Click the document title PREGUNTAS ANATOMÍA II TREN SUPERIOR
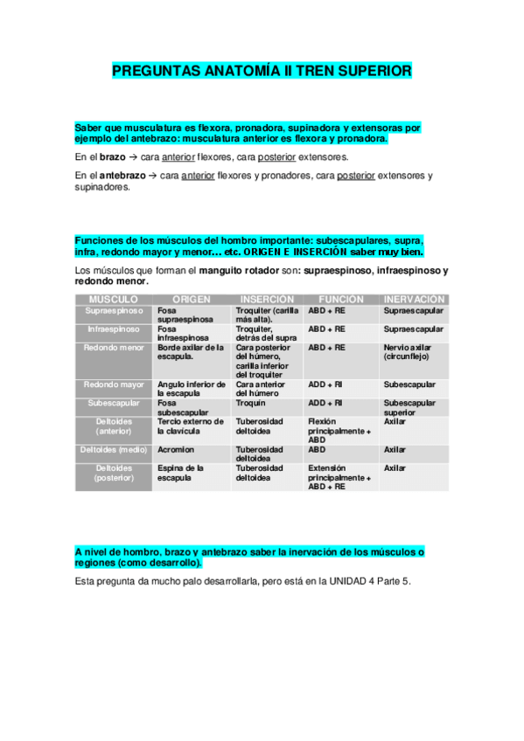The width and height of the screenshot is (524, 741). click(262, 70)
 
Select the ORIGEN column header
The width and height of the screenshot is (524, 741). click(192, 299)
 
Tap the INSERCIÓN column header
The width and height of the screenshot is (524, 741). click(267, 299)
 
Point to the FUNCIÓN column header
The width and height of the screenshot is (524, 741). click(341, 299)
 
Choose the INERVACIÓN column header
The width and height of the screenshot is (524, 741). click(415, 299)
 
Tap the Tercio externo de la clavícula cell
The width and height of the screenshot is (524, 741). click(191, 426)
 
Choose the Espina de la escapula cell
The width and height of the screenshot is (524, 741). click(180, 473)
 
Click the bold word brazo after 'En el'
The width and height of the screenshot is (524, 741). click(113, 156)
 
